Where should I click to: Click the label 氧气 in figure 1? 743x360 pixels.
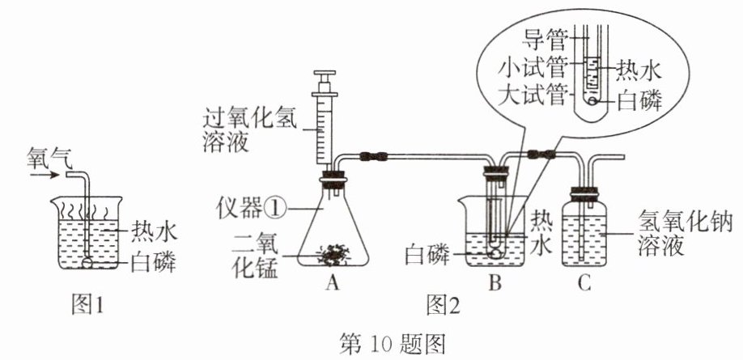[x=49, y=159]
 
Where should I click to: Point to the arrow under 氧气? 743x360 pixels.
[x=44, y=176]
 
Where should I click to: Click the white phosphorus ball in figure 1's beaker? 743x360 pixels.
[x=87, y=262]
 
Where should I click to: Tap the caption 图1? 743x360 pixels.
[x=87, y=304]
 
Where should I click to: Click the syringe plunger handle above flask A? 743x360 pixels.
[x=325, y=75]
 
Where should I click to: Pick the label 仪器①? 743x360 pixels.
[x=251, y=209]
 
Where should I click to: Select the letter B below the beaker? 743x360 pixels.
[x=495, y=283]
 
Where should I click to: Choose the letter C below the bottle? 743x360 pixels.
[x=584, y=283]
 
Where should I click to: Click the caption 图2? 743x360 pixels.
[x=443, y=304]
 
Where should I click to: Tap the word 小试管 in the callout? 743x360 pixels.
[x=532, y=69]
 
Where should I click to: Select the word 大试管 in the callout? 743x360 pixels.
[x=532, y=96]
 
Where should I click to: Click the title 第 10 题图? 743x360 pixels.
[x=393, y=344]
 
